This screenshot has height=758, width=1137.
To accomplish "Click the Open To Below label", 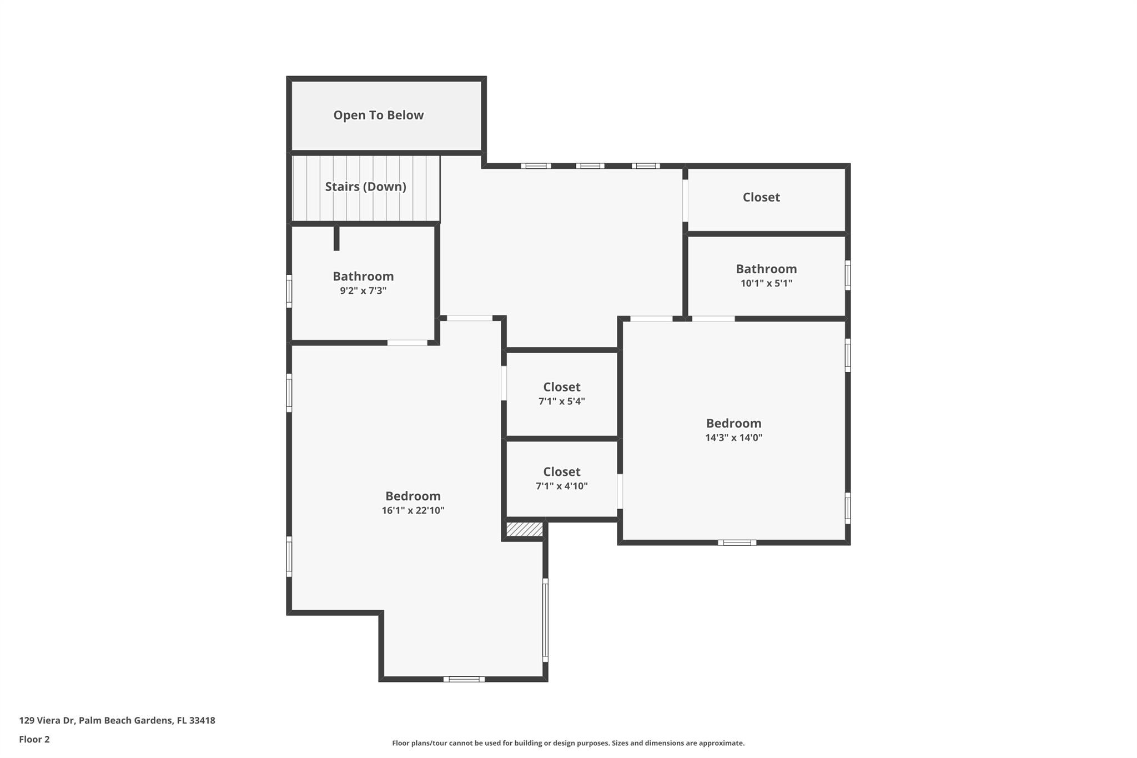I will tap(378, 116).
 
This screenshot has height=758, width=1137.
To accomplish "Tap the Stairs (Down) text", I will tap(365, 187).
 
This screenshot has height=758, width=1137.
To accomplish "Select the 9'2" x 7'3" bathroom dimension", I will tap(363, 290).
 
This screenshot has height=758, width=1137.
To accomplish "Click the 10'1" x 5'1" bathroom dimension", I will tap(766, 283).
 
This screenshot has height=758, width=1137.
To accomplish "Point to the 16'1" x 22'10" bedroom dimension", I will tap(413, 510).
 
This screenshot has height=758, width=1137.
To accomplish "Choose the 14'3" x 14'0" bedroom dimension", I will tap(733, 438).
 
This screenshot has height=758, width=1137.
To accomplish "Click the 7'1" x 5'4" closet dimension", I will tap(561, 401).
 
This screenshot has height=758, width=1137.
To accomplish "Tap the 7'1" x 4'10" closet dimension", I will tap(561, 486).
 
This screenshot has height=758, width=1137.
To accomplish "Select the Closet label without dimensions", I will tap(761, 197).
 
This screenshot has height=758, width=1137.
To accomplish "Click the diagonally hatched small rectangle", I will tap(524, 529).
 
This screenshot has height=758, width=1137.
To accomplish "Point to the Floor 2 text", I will tap(34, 739).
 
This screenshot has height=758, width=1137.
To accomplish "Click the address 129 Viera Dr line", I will tap(117, 720).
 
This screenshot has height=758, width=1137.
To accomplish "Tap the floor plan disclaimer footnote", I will tap(568, 743).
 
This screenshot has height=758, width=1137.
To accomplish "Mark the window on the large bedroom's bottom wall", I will tap(464, 679).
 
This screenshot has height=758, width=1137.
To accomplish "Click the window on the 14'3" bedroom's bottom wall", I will tap(737, 543).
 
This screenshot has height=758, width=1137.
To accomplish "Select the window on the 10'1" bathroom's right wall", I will tap(847, 275).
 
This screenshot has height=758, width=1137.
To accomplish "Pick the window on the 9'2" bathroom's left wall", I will tap(289, 291).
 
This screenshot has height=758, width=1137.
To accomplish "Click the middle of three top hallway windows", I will tap(590, 165).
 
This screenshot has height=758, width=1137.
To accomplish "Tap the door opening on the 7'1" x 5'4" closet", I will tap(504, 383).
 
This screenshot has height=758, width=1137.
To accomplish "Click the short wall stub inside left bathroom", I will tap(336, 238).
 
